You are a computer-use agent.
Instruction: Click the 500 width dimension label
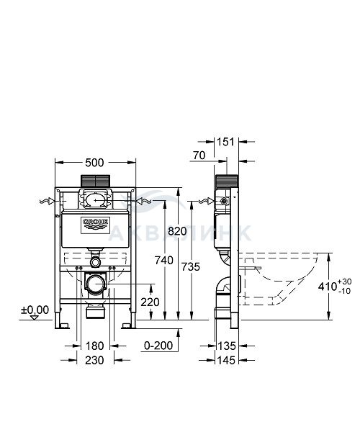coord(94,163)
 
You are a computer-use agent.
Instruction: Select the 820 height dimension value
coord(177,231)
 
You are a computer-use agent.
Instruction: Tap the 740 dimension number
coord(164,260)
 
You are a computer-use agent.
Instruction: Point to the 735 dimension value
coord(191,266)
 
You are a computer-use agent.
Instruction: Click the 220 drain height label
coord(150,302)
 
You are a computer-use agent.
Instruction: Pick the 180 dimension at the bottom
coord(95,346)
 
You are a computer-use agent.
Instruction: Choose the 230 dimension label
coord(94,360)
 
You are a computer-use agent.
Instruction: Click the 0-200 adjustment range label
coord(158,346)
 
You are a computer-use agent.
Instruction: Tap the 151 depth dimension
coord(225,142)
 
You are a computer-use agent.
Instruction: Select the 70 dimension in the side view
coord(199,156)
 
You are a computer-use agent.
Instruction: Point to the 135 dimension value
coord(227,346)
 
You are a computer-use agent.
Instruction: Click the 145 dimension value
coord(226,360)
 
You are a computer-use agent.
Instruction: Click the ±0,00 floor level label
coord(35,310)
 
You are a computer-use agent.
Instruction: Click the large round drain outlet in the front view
coord(96,284)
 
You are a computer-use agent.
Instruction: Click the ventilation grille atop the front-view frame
coord(95,181)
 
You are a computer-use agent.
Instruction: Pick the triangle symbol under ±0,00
coord(35,318)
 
